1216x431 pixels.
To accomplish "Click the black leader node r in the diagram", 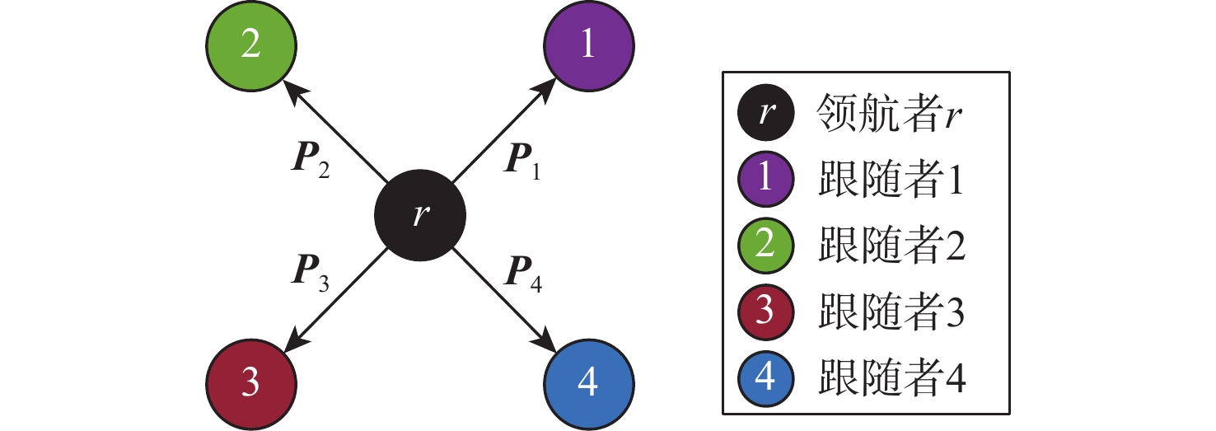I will (x=420, y=216).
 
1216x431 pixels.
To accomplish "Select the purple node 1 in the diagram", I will (x=588, y=45).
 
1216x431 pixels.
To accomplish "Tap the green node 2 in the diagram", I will (x=251, y=45).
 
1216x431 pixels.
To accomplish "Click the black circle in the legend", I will (x=765, y=114).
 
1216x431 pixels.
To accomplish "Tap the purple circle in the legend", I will (x=765, y=180).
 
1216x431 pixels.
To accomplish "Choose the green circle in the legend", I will (x=765, y=246).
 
